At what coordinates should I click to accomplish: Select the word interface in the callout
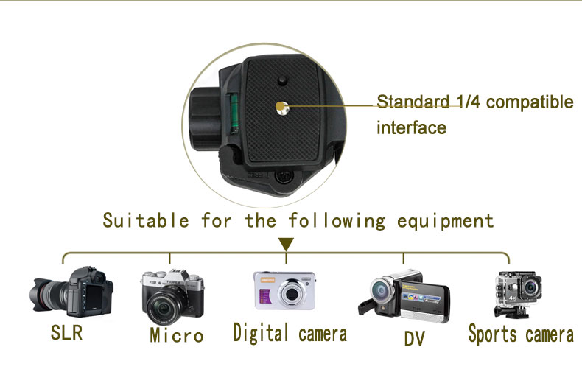tap(411, 127)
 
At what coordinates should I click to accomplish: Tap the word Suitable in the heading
tap(146, 220)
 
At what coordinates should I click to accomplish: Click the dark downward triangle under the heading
tap(286, 243)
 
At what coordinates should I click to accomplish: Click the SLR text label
tap(66, 332)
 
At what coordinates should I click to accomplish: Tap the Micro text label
tap(176, 336)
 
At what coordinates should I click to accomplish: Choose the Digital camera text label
tap(290, 333)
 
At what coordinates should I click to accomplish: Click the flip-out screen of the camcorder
tap(427, 301)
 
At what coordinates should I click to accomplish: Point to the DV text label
tap(414, 338)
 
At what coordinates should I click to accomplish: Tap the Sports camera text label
tap(520, 334)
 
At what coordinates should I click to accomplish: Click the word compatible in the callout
tap(529, 102)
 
